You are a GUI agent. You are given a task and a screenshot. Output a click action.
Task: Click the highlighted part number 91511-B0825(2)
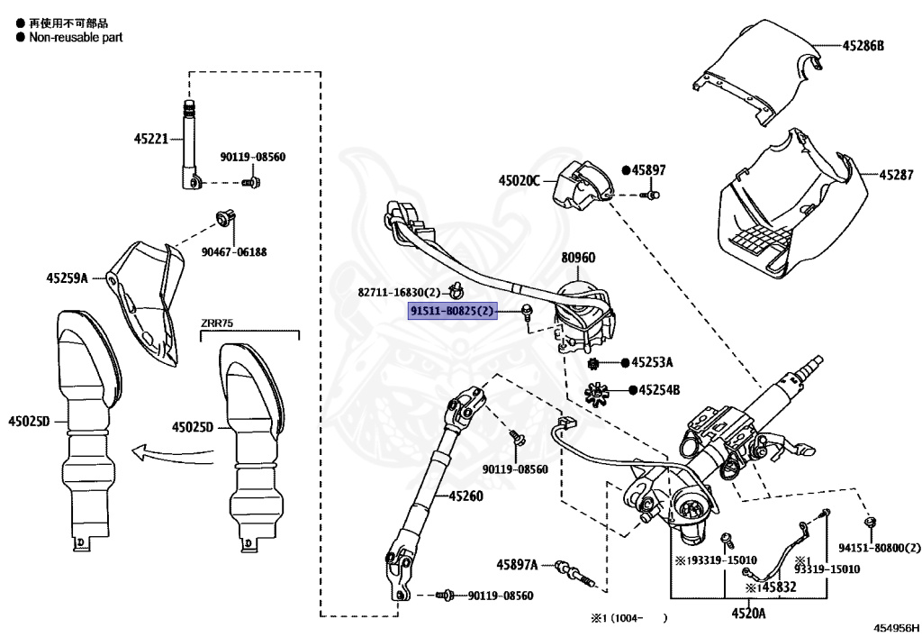[453, 311]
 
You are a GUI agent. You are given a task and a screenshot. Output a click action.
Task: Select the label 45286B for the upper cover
[863, 45]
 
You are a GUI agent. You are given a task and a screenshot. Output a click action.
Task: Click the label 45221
[151, 139]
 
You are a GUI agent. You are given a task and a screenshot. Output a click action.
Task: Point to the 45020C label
[520, 180]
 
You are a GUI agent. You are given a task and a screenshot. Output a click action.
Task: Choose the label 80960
[578, 257]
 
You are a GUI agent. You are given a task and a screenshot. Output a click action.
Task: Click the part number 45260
[466, 496]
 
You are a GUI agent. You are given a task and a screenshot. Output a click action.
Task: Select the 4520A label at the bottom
[748, 614]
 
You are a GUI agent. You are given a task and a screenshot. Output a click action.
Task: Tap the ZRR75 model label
[217, 323]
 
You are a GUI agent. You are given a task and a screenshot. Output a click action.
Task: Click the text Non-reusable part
[76, 37]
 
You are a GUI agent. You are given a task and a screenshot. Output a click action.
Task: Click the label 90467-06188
[234, 251]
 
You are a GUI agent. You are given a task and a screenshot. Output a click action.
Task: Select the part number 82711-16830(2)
[399, 292]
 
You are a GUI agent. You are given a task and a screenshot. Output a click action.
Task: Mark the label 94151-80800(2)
[880, 548]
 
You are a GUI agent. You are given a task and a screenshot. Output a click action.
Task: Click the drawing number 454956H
[896, 628]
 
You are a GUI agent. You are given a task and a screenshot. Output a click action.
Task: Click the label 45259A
[67, 278]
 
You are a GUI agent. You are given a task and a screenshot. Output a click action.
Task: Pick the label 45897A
[517, 565]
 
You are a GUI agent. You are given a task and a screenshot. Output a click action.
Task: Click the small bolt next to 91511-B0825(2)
[527, 311]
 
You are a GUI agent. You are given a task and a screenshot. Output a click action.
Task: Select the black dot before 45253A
[625, 362]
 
